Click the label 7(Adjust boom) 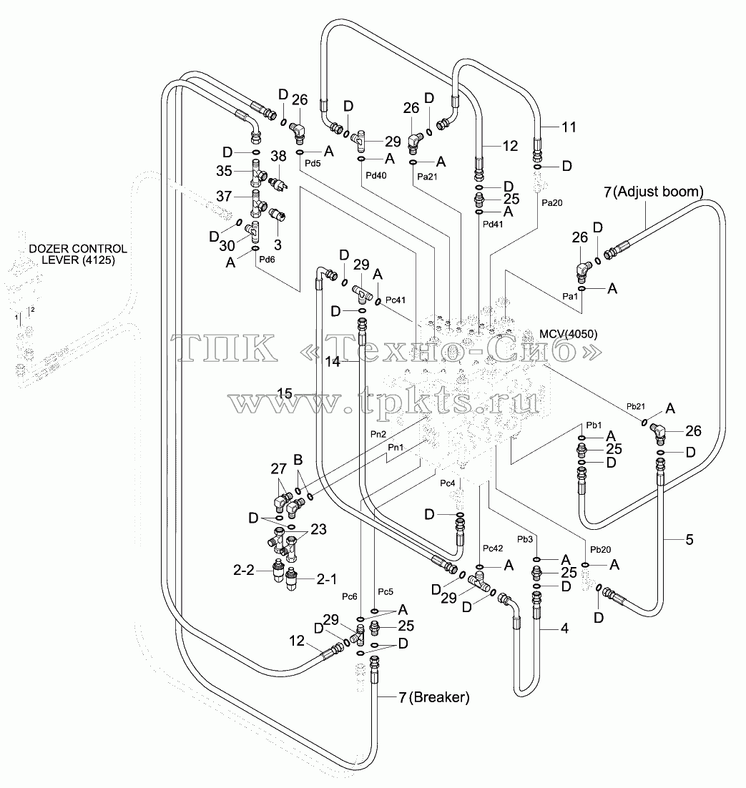(654, 192)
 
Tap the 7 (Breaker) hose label (434, 697)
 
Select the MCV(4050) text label (568, 334)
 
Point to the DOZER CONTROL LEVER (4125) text (78, 255)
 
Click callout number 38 (278, 156)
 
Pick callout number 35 (224, 171)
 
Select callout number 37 (224, 196)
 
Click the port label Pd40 (376, 175)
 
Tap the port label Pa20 (552, 202)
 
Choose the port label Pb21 (635, 406)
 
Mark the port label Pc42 (493, 548)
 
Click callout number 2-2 (244, 570)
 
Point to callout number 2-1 (327, 579)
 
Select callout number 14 (333, 361)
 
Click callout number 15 (285, 393)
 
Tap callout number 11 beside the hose (569, 127)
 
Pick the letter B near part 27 (298, 460)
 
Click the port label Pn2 (378, 434)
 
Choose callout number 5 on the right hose (689, 540)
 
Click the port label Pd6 (267, 260)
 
